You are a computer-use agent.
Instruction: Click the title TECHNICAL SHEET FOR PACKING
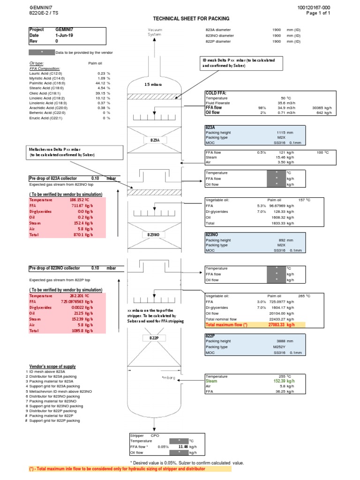tap(191, 18)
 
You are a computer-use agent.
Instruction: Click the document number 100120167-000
tap(314, 8)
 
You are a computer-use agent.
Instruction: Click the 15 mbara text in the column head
tap(153, 84)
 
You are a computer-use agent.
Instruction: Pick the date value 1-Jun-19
tap(63, 35)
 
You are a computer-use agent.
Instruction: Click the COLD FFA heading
tap(216, 93)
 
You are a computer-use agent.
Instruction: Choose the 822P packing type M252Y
tap(277, 347)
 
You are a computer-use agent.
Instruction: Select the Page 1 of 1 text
tap(319, 13)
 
